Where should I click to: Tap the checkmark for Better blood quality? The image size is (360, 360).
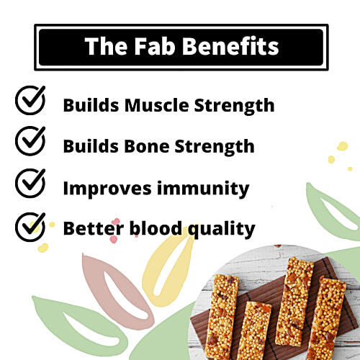pyautogui.click(x=30, y=227)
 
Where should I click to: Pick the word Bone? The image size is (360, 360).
pyautogui.click(x=148, y=146)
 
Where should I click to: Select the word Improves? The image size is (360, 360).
pyautogui.click(x=107, y=189)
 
